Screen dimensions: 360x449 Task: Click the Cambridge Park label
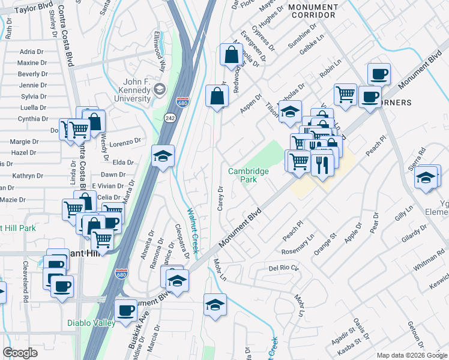point(249,175)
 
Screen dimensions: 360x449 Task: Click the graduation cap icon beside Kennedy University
point(159,91)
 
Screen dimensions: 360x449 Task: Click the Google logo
point(20,353)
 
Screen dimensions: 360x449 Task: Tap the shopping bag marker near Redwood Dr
point(231,56)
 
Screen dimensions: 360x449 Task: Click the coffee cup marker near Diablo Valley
point(126,311)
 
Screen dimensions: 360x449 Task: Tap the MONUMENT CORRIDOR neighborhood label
point(313,10)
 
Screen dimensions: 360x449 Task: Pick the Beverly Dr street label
point(32,74)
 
